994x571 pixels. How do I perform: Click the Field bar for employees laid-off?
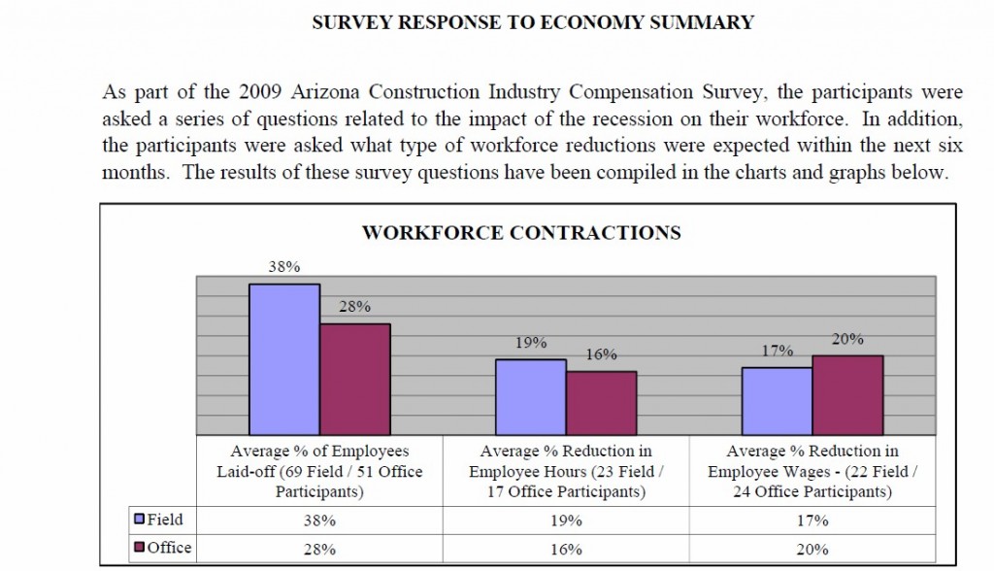click(x=284, y=359)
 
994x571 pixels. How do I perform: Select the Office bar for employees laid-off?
click(x=355, y=380)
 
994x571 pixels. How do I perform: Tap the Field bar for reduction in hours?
click(x=531, y=397)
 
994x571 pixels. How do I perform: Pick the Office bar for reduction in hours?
click(x=601, y=403)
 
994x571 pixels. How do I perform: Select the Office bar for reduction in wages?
click(x=847, y=395)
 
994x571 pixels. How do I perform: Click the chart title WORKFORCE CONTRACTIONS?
click(x=521, y=233)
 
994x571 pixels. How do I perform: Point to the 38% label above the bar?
click(x=284, y=266)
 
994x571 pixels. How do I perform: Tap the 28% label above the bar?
click(x=355, y=306)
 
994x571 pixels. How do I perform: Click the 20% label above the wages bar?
click(x=847, y=339)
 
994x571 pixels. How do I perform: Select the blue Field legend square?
click(x=139, y=520)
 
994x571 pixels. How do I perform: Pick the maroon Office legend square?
click(x=139, y=548)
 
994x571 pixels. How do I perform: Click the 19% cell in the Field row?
click(x=566, y=521)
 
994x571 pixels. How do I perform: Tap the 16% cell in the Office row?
click(x=566, y=549)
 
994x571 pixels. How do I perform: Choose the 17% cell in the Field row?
click(x=812, y=521)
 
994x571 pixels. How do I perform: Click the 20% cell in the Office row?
click(x=812, y=549)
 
